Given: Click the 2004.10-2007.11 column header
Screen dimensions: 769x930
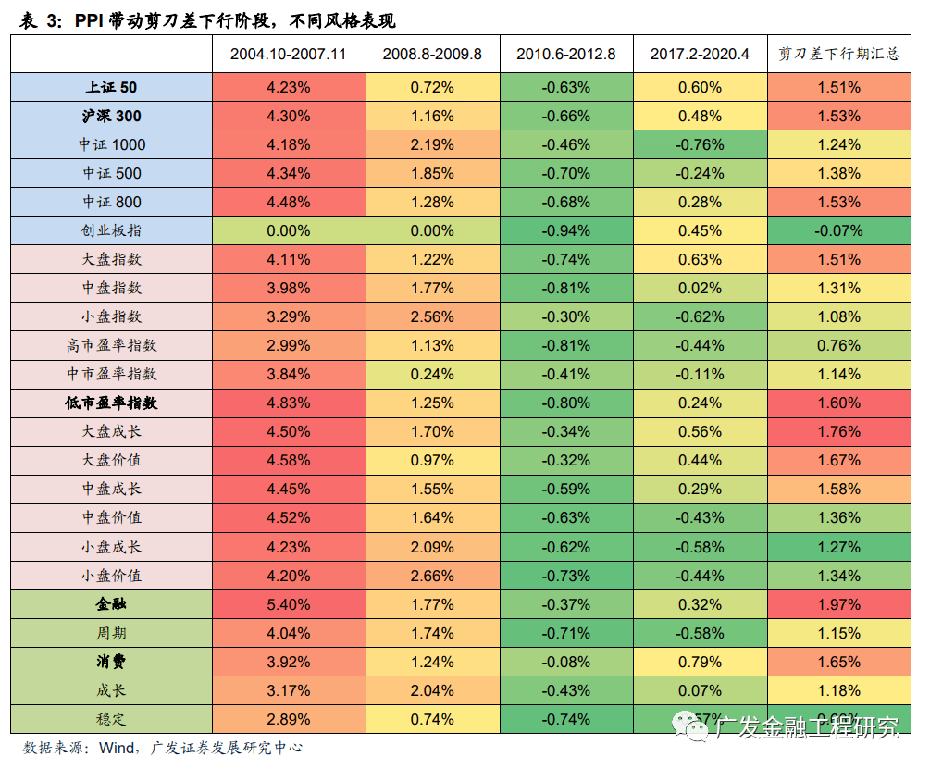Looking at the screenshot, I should coord(288,54).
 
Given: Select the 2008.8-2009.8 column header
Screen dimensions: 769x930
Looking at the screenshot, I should coord(432,54).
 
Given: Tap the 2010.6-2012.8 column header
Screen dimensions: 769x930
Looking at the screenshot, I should coord(566,54).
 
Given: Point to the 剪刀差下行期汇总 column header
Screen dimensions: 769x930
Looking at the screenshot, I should coord(839,54).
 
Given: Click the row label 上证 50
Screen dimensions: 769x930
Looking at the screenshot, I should coord(111,87).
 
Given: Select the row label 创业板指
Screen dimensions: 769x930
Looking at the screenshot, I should coord(111,230).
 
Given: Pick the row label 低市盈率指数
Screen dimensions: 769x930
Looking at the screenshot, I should coord(111,403).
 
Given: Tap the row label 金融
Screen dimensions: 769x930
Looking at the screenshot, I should coord(111,604).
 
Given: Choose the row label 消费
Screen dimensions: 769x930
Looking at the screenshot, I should coord(111,662).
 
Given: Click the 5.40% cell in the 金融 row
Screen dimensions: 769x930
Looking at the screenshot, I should coord(288,604).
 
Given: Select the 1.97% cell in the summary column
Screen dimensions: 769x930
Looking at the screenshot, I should coord(839,604).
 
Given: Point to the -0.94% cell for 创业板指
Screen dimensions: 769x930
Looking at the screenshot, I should coord(566,230).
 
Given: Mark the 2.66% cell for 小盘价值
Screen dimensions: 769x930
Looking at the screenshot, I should coord(432,576).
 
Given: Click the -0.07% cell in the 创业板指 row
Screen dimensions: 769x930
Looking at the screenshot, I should coord(839,230).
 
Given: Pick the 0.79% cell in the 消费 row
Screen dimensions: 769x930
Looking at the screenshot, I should coord(700,662).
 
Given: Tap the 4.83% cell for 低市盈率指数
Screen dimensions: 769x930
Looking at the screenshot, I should coord(288,403).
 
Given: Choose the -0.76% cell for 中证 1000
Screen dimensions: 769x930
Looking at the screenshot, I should coord(700,144).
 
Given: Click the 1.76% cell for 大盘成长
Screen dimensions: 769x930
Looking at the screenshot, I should coord(839,431).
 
